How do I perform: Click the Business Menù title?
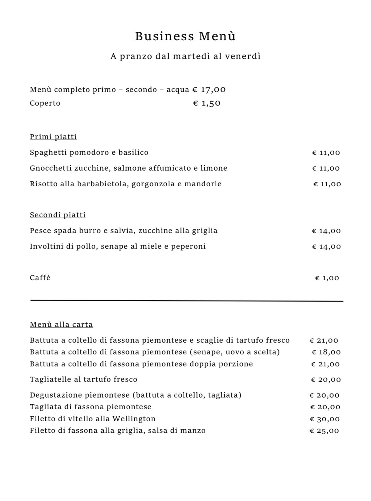point(185,36)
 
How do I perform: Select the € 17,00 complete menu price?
point(209,90)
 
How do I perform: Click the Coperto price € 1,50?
point(207,103)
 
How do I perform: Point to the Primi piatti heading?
point(53,137)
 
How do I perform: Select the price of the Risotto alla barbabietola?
point(327,184)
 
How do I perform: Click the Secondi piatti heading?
point(58,215)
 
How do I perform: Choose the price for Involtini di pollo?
point(326,247)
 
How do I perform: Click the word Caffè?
point(40,278)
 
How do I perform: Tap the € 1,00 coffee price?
point(327,278)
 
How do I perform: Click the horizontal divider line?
point(187,300)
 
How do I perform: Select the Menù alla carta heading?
point(61,325)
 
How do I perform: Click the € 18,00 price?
point(326,352)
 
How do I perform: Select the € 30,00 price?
point(324,419)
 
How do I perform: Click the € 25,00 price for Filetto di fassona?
point(324,431)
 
